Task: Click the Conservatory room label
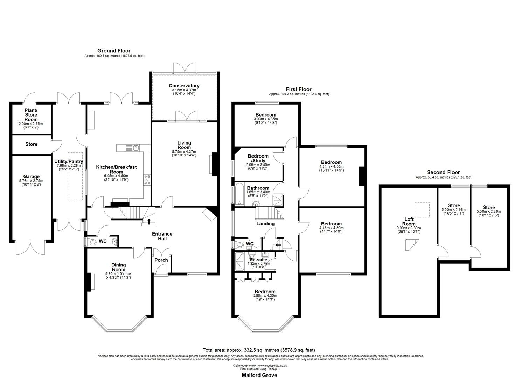click(x=184, y=86)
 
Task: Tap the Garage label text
click(x=32, y=176)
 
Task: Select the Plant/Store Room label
click(x=31, y=115)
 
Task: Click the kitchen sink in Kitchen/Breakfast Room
click(x=135, y=148)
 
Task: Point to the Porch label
click(x=161, y=260)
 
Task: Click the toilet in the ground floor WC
click(x=92, y=242)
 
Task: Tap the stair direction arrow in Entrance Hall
click(x=149, y=221)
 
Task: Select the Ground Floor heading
click(x=114, y=51)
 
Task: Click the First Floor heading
click(x=299, y=89)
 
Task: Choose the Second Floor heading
click(x=443, y=172)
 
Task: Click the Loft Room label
click(x=409, y=222)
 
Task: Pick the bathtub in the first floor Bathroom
click(x=240, y=194)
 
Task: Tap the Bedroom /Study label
click(x=258, y=158)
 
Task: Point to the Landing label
click(x=265, y=224)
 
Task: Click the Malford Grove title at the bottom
click(x=259, y=375)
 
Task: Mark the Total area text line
click(x=259, y=350)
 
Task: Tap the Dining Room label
click(x=118, y=267)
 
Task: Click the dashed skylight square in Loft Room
click(x=420, y=209)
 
